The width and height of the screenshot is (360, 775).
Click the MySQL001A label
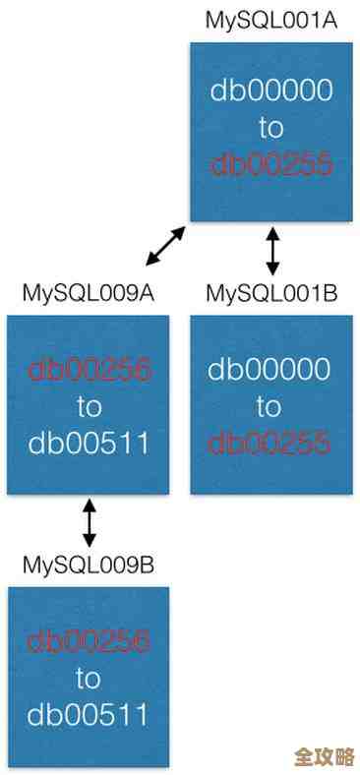[x=271, y=20]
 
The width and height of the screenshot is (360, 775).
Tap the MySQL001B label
[x=271, y=292]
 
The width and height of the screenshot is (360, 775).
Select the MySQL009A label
[x=89, y=292]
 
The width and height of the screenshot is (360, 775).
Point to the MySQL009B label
[x=89, y=565]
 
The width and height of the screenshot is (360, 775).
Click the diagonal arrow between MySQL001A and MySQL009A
[x=165, y=246]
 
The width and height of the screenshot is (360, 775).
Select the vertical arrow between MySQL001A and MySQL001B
[x=272, y=251]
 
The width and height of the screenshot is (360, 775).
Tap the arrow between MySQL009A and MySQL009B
[x=90, y=522]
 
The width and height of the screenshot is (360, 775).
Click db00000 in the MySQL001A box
[x=271, y=90]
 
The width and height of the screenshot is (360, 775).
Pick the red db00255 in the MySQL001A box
[x=271, y=163]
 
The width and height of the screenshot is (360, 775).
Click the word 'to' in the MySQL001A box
[x=271, y=127]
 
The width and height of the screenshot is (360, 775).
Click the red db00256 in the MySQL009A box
[x=89, y=370]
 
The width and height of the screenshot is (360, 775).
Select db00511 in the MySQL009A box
[x=89, y=443]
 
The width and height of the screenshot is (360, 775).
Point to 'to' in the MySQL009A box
[x=89, y=405]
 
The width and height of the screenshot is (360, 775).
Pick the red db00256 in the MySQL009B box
[x=89, y=641]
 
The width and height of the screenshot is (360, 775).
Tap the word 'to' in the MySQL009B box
[x=89, y=678]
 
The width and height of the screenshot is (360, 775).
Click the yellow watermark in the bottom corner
[x=324, y=755]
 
